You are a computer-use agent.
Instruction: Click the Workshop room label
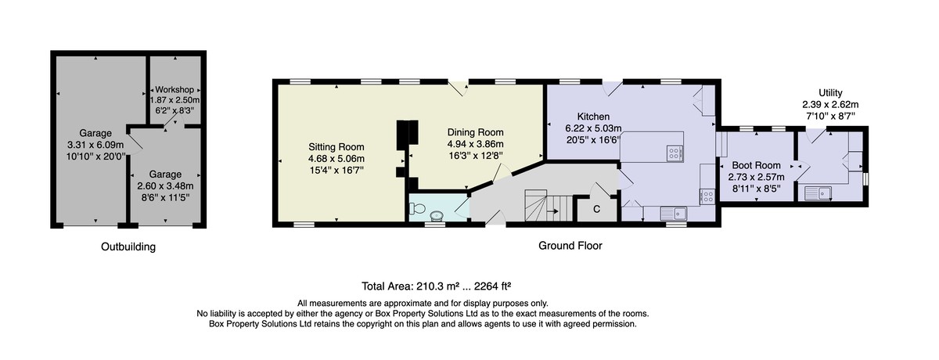[174, 90]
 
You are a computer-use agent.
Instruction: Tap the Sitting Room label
[336, 147]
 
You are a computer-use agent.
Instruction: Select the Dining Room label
[476, 132]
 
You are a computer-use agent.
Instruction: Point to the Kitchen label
[593, 117]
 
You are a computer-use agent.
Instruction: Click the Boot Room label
[756, 166]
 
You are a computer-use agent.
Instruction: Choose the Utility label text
[830, 93]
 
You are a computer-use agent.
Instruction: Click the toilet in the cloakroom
[418, 207]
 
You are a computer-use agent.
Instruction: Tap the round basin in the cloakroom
[437, 216]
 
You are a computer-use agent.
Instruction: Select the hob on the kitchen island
[675, 153]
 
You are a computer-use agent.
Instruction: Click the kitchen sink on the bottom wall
[673, 214]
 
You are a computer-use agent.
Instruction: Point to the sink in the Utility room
[818, 193]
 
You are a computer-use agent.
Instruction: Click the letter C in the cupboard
[596, 209]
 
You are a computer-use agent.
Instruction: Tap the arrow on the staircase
[553, 211]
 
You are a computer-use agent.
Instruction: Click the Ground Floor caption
[570, 246]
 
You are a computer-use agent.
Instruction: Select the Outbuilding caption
[128, 247]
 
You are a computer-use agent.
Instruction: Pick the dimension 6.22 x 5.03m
[593, 128]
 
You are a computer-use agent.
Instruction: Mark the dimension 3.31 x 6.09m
[95, 145]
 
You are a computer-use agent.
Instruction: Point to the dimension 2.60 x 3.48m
[166, 185]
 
